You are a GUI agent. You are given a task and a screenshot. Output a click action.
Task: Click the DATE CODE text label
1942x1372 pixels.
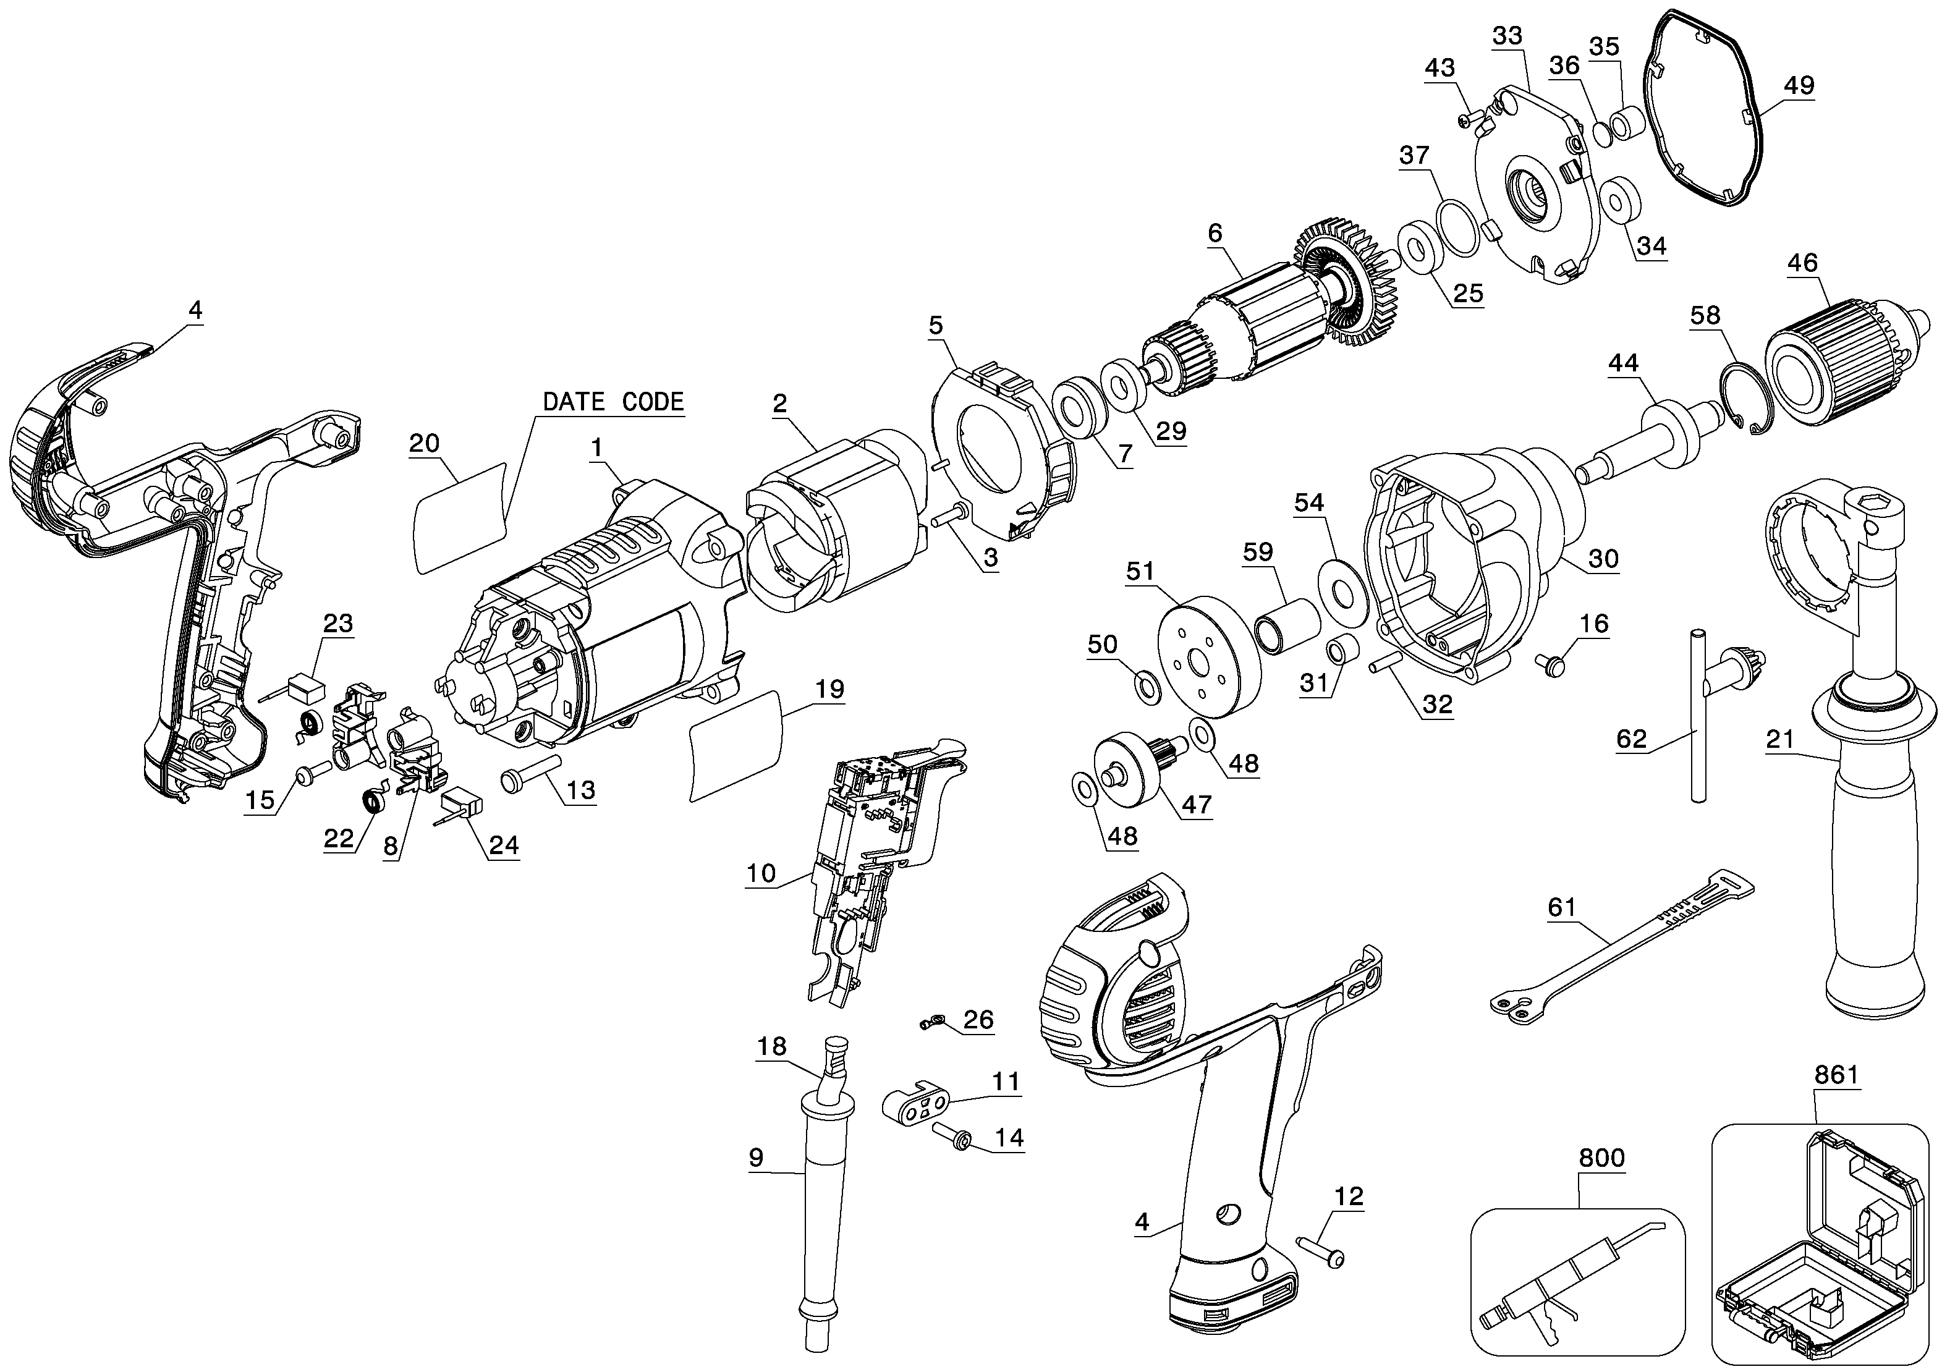click(x=613, y=401)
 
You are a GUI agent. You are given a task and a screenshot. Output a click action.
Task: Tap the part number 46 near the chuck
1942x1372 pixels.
click(x=1802, y=263)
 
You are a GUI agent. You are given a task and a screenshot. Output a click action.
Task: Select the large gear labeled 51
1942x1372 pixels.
click(x=1208, y=657)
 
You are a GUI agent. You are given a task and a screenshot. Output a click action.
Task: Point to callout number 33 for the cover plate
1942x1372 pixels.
click(x=1507, y=35)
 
